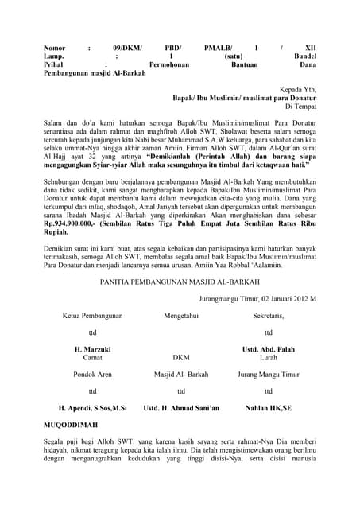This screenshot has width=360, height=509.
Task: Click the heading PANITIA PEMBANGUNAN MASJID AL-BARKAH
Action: point(180,281)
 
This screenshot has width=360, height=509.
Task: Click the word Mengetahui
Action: point(181,316)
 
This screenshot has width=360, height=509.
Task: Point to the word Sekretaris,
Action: point(268,316)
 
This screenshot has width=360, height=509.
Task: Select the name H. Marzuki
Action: point(92,350)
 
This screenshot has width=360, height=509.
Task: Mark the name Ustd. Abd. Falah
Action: point(268,350)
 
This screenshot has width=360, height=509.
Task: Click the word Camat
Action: point(92,358)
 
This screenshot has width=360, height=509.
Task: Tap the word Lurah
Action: point(268,358)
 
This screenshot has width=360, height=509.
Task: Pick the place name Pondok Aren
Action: point(92,374)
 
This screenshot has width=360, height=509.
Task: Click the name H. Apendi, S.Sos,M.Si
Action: point(87,407)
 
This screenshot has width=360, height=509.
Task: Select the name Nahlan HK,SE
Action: point(268,407)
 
